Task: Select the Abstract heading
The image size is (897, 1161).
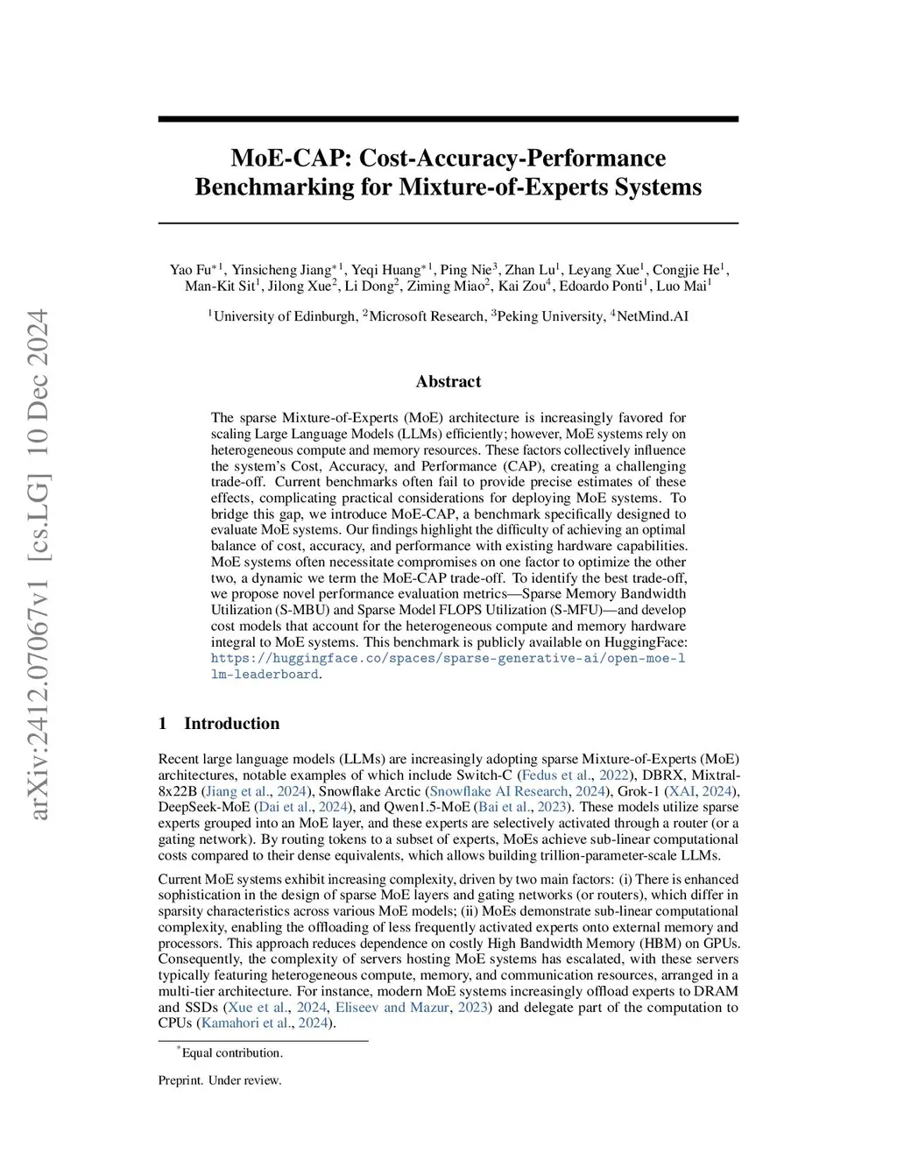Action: (x=448, y=381)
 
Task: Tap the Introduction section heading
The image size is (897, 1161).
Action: (x=231, y=723)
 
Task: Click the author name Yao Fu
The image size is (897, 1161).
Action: (x=190, y=270)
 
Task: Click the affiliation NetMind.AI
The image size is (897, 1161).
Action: (x=653, y=316)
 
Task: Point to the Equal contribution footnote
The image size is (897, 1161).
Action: (x=231, y=1053)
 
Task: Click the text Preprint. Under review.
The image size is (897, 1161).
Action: (x=220, y=1080)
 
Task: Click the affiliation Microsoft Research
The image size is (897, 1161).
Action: (x=427, y=316)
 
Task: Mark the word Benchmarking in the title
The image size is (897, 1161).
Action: (x=293, y=188)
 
